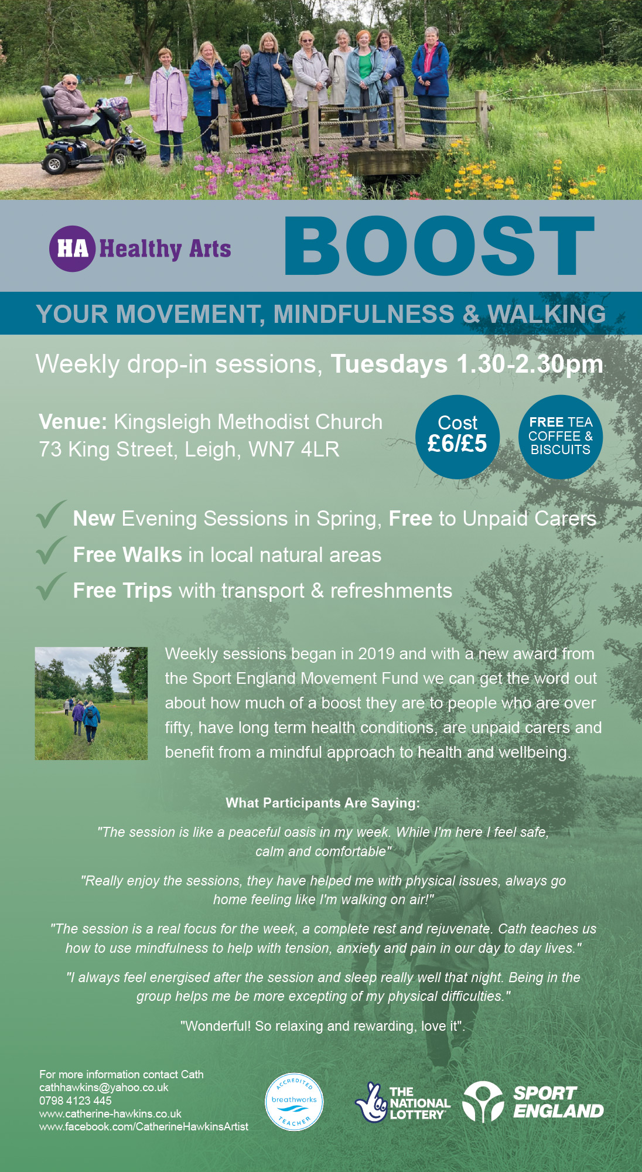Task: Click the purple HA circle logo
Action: [x=72, y=248]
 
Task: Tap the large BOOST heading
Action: [x=439, y=246]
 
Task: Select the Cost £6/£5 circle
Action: [x=457, y=437]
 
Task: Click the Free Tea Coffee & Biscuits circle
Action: [x=561, y=437]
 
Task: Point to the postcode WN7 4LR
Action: [x=294, y=449]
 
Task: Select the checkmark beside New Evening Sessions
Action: [x=52, y=515]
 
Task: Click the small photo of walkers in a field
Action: [x=91, y=703]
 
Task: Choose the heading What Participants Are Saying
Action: [x=323, y=803]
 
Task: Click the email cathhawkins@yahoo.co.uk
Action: [x=104, y=1088]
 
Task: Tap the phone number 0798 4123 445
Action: [x=76, y=1101]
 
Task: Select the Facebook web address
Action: [x=144, y=1126]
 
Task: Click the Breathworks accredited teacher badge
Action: [x=294, y=1102]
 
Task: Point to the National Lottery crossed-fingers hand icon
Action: [x=371, y=1102]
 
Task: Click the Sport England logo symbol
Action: [x=483, y=1102]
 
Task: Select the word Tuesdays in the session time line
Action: [x=390, y=364]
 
